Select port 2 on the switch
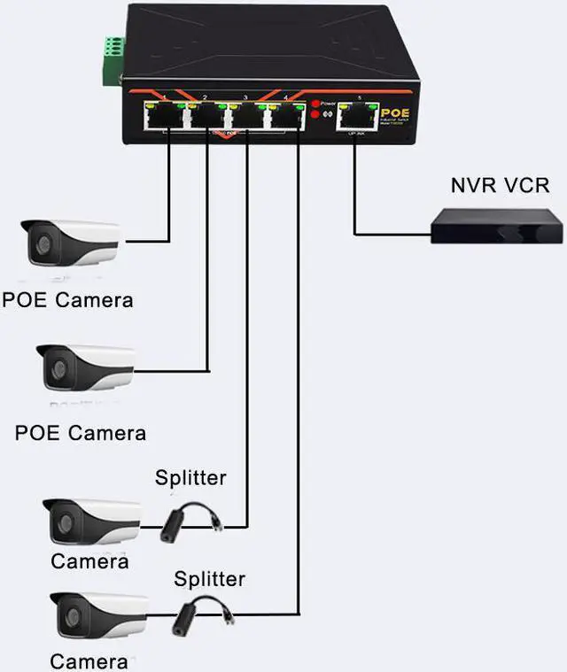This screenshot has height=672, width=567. pyautogui.click(x=206, y=116)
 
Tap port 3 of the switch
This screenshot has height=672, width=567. pyautogui.click(x=245, y=116)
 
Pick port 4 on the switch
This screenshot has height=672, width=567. pyautogui.click(x=284, y=116)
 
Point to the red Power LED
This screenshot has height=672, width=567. pyautogui.click(x=315, y=104)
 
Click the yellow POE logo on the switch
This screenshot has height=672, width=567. pyautogui.click(x=393, y=112)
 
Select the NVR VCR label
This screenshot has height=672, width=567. pyautogui.click(x=500, y=185)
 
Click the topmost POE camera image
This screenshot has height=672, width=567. pyautogui.click(x=70, y=243)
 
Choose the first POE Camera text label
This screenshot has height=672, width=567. pyautogui.click(x=67, y=299)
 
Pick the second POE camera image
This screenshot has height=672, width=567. pyautogui.click(x=85, y=367)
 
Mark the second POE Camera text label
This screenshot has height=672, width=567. pyautogui.click(x=81, y=433)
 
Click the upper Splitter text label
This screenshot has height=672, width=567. pyautogui.click(x=190, y=478)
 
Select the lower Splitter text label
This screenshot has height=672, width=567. pyautogui.click(x=209, y=580)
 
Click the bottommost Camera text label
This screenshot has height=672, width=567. pyautogui.click(x=89, y=660)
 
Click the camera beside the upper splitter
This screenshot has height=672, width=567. pyautogui.click(x=92, y=522)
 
